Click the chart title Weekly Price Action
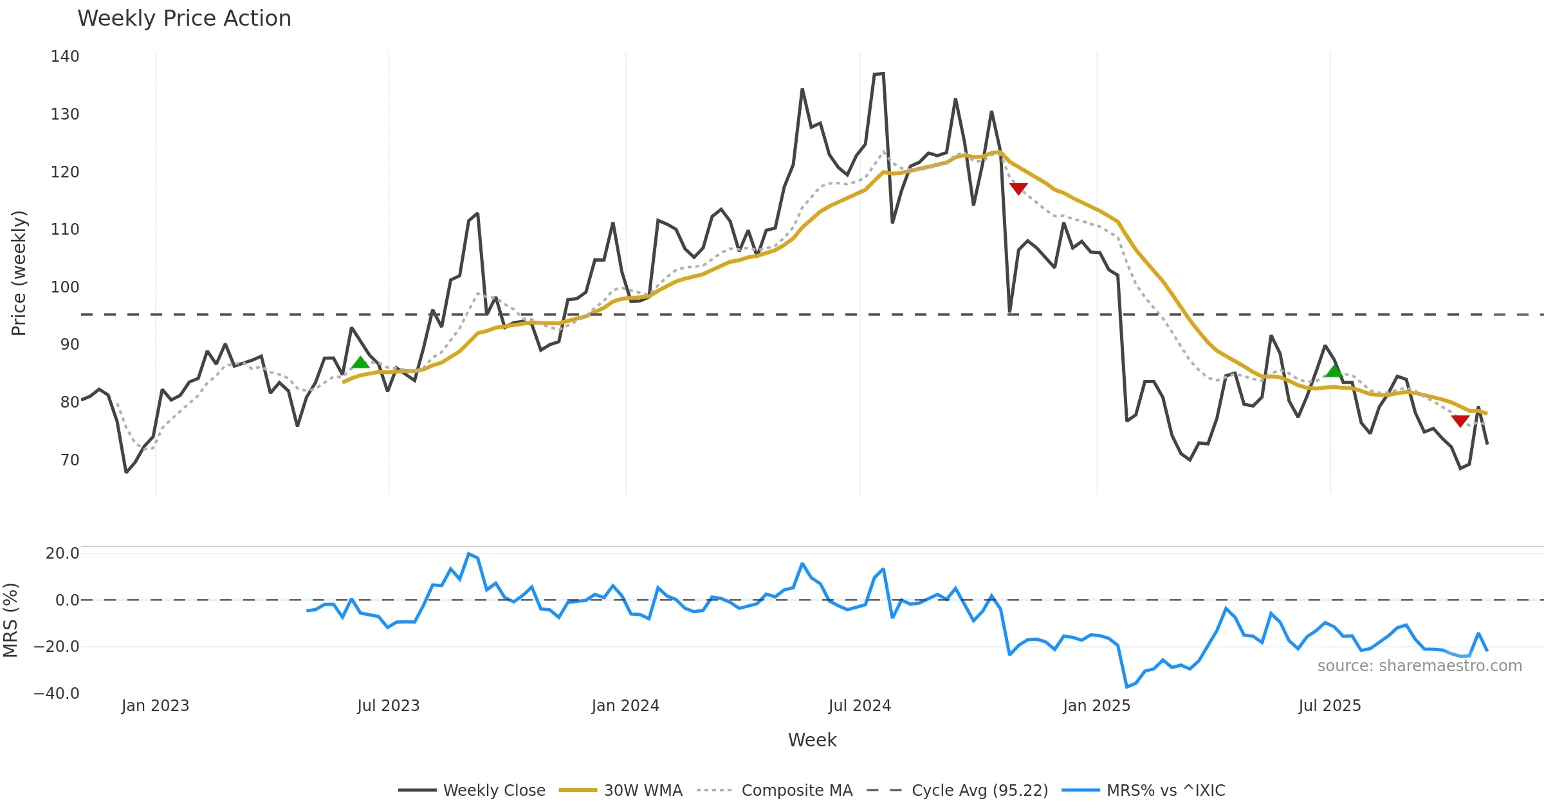(x=184, y=19)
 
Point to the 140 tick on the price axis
(x=65, y=57)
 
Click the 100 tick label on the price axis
(x=65, y=287)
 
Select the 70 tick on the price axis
(x=69, y=460)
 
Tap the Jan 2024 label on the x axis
(x=625, y=706)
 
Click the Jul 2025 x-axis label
(x=1330, y=706)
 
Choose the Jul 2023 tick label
(x=389, y=706)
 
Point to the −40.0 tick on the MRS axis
(x=57, y=694)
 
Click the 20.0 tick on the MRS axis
(x=62, y=553)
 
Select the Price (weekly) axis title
(x=19, y=273)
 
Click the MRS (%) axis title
(x=11, y=620)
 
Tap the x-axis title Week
(x=812, y=741)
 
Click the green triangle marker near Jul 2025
(x=1334, y=371)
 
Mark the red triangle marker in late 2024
(x=1018, y=188)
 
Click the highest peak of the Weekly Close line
(x=883, y=73)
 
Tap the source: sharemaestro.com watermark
(x=1419, y=666)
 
